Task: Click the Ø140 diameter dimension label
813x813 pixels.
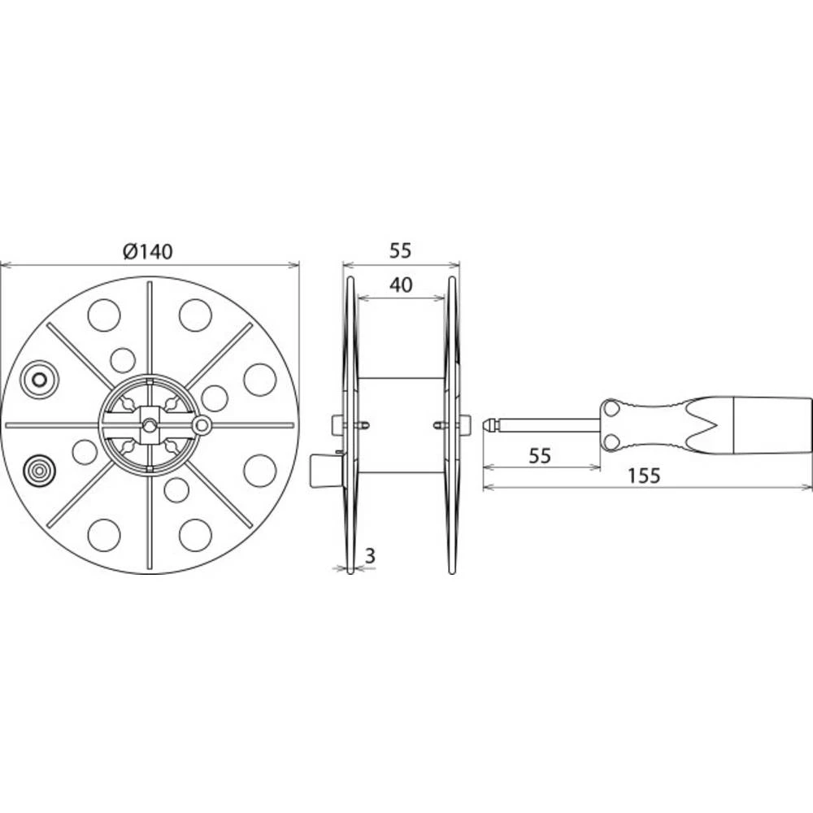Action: coord(148,252)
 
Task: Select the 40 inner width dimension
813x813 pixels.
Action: coord(399,285)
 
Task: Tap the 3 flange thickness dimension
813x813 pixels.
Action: coord(370,556)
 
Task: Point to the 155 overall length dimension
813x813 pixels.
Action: coord(644,476)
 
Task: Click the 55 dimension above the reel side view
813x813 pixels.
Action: coord(399,251)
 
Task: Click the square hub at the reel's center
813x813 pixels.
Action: coord(150,424)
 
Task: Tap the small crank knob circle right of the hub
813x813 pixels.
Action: coord(201,424)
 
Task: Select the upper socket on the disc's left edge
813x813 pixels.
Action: coord(38,379)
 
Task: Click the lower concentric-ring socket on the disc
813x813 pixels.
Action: coord(38,470)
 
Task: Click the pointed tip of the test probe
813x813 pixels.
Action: coord(488,424)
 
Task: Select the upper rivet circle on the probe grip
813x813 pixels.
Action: coord(611,407)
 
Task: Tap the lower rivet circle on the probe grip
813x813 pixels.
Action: coord(611,441)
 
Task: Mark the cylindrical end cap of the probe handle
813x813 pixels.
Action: coord(771,424)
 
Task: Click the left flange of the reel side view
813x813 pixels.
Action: coord(350,424)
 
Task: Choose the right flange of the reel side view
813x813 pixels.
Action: coord(451,424)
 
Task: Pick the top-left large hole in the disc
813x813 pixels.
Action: coord(104,315)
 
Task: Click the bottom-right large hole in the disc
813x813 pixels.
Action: coord(195,534)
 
